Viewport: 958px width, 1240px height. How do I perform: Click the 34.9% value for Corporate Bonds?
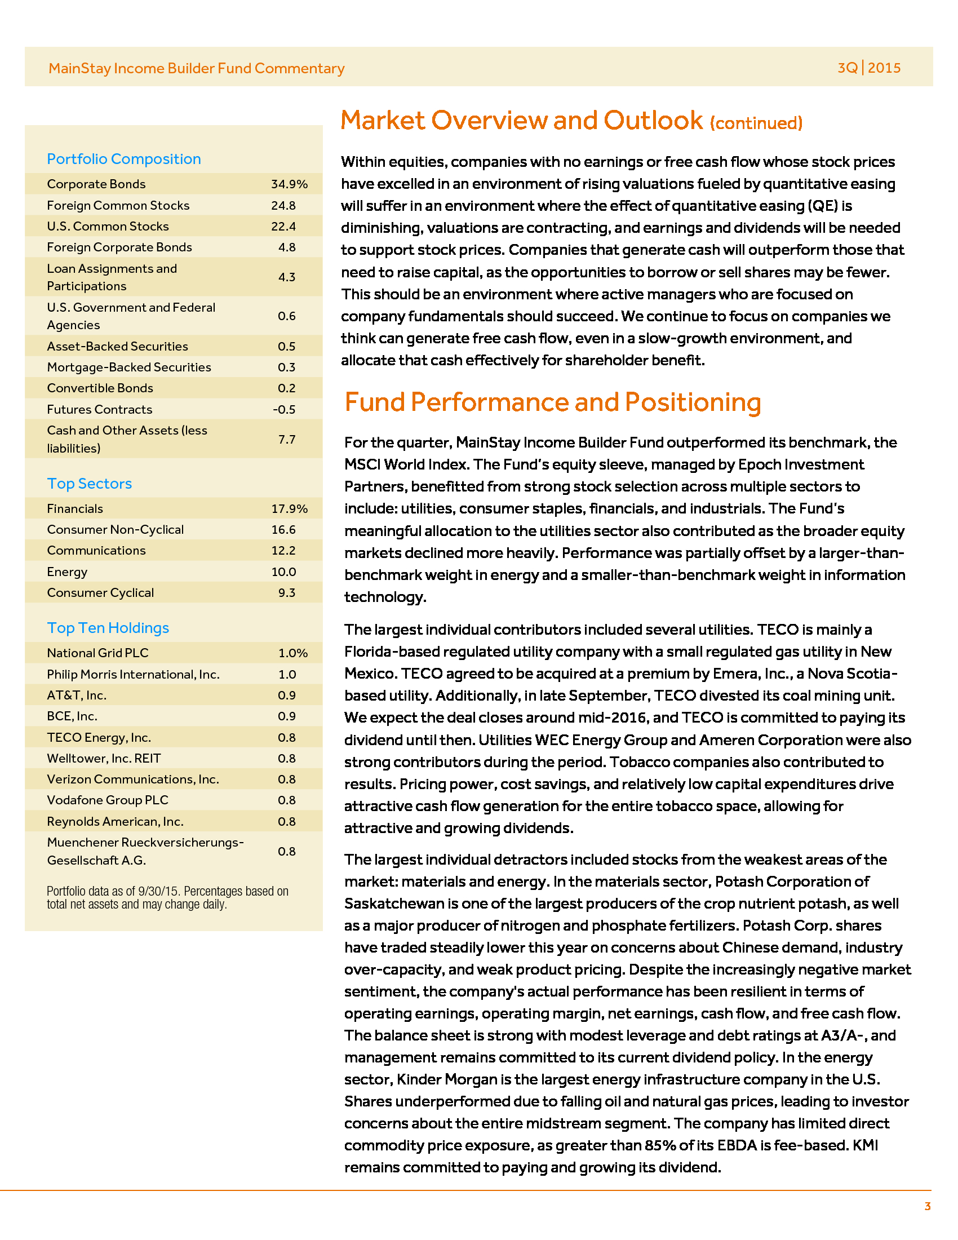pos(289,184)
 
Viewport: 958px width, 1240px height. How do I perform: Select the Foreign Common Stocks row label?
pos(118,206)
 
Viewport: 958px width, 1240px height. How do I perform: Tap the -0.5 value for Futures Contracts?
pos(284,409)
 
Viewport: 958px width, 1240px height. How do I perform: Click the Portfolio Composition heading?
pos(124,159)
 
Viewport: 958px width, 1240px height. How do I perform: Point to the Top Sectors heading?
pos(89,484)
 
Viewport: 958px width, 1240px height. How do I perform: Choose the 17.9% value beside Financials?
pos(289,509)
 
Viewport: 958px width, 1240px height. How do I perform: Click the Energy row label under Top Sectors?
pos(67,572)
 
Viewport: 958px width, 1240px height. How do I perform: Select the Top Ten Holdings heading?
pos(108,628)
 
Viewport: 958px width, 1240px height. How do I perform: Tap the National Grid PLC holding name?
pos(97,653)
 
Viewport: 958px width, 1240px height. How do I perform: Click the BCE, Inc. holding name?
pos(72,716)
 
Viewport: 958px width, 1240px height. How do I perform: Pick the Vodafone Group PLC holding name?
pos(107,800)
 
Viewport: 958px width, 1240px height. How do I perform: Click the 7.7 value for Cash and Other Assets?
pos(287,439)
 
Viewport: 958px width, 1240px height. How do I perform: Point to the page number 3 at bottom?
pos(928,1207)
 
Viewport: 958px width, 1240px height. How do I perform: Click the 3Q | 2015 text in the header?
pos(869,68)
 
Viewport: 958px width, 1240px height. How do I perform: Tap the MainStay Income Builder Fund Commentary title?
pos(196,68)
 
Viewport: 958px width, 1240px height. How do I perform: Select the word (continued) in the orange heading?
pos(756,123)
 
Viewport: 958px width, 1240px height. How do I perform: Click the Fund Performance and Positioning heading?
pos(552,402)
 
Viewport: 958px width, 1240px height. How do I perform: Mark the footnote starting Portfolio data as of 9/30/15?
pos(167,898)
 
